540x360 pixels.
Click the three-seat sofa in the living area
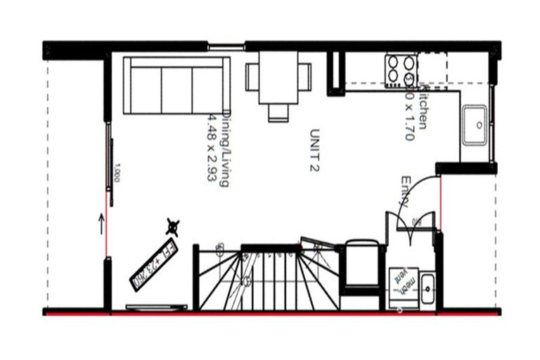[176, 86]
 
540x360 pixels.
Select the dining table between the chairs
[278, 77]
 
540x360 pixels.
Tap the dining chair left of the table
[252, 77]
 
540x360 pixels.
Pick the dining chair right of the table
[304, 77]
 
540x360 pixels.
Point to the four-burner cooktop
[401, 70]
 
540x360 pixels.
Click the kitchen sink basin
[475, 125]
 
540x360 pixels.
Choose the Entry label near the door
[406, 191]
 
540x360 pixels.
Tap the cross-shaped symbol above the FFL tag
[172, 226]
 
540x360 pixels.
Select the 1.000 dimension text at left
[117, 173]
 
